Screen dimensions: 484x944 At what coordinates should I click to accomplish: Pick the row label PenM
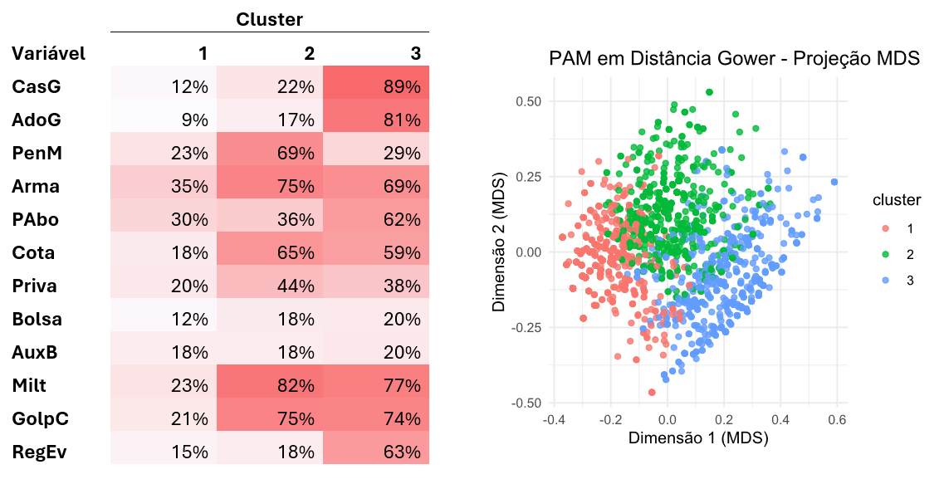point(37,153)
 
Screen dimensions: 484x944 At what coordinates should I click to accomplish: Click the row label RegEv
point(38,452)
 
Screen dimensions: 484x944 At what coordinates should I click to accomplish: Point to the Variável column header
point(49,54)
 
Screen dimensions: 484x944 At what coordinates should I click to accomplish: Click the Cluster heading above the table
point(270,19)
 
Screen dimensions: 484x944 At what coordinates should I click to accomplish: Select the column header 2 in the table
point(309,54)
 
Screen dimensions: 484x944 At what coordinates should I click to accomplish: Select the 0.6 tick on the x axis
point(837,419)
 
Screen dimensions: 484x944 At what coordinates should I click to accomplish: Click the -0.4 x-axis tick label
point(554,419)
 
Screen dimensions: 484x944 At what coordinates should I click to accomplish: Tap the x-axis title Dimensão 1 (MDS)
point(697,438)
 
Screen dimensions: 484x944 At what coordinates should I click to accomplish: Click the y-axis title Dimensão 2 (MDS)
point(501,252)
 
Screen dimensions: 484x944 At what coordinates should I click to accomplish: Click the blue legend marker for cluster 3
point(885,281)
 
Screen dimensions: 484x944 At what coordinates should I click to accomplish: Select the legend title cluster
point(896,200)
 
